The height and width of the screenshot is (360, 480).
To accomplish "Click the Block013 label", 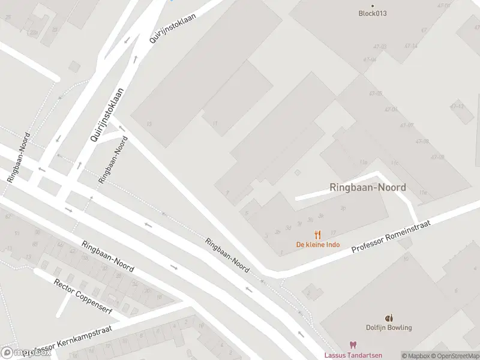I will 372,13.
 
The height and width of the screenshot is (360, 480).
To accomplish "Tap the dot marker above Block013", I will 372,6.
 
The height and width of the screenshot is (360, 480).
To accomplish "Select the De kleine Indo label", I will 318,244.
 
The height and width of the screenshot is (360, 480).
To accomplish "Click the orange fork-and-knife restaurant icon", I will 318,235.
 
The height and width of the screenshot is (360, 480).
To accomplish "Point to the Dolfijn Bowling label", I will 389,328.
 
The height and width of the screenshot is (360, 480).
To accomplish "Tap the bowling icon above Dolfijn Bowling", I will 389,318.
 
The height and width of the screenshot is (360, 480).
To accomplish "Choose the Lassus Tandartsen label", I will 353,355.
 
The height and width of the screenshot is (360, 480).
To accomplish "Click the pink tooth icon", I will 353,346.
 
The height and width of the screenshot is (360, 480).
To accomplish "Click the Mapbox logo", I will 26,353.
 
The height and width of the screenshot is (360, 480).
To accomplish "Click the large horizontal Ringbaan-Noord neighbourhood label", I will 367,187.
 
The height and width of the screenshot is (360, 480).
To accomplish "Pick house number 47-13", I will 457,106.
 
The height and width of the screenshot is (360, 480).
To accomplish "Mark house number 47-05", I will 376,94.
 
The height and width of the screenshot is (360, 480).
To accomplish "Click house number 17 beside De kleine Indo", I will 333,233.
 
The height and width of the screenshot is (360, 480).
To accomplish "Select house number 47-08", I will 422,141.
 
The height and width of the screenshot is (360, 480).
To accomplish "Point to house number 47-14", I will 411,46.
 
